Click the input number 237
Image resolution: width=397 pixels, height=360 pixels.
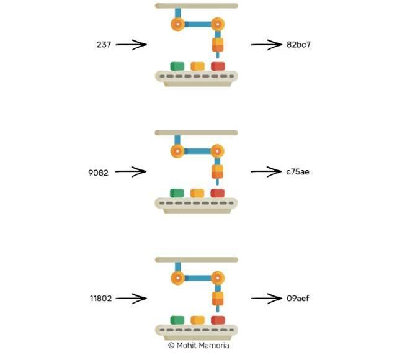(x=103, y=45)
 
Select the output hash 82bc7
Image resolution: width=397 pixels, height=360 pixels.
(x=298, y=45)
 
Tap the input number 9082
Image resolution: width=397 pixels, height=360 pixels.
(x=98, y=173)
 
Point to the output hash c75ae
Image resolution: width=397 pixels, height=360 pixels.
(x=298, y=172)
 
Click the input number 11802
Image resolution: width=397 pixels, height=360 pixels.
(x=100, y=299)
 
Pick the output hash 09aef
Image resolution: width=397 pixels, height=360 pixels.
(x=298, y=299)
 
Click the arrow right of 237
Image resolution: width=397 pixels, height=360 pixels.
(x=131, y=45)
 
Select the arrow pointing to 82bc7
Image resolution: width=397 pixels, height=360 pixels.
(x=266, y=45)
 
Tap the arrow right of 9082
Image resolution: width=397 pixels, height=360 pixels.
(x=131, y=173)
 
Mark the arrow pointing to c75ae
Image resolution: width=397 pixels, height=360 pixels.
(x=266, y=172)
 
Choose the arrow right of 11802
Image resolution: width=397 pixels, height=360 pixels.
(x=131, y=299)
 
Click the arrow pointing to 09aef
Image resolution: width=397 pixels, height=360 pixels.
(x=266, y=299)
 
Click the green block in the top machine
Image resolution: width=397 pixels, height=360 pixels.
(x=177, y=66)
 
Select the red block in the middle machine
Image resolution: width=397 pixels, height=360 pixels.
(x=218, y=193)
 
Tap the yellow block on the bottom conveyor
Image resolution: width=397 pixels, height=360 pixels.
(x=197, y=320)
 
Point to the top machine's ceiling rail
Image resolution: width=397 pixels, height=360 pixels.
(x=196, y=6)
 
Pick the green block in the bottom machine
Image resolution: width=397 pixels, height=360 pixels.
(x=177, y=320)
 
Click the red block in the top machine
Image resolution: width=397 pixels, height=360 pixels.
(x=218, y=66)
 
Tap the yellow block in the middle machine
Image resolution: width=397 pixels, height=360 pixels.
(x=197, y=193)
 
